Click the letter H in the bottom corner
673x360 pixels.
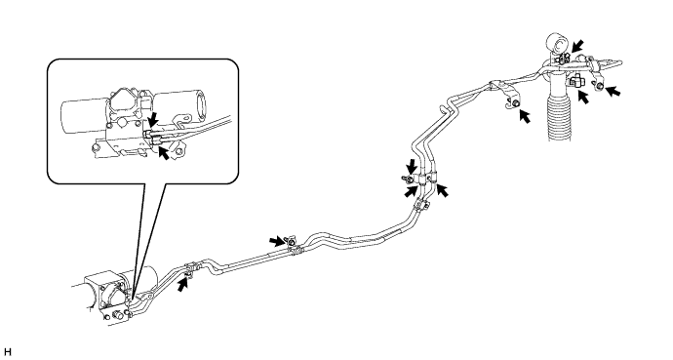coord(7,352)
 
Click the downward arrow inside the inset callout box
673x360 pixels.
coord(152,118)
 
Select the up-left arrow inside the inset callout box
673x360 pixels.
coord(163,152)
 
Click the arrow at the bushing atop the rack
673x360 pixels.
coord(576,46)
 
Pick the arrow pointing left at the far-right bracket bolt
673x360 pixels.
coord(613,90)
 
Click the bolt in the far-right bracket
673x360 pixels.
coord(599,87)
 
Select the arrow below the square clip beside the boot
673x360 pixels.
coord(583,97)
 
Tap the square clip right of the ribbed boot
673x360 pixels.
coord(576,80)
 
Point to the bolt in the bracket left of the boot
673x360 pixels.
coord(515,102)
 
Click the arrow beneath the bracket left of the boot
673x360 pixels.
coord(524,116)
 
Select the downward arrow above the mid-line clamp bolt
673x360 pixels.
coord(412,167)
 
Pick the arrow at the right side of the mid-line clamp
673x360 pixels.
coord(442,190)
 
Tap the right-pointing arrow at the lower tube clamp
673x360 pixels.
coord(277,241)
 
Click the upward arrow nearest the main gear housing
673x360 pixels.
coord(183,284)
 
